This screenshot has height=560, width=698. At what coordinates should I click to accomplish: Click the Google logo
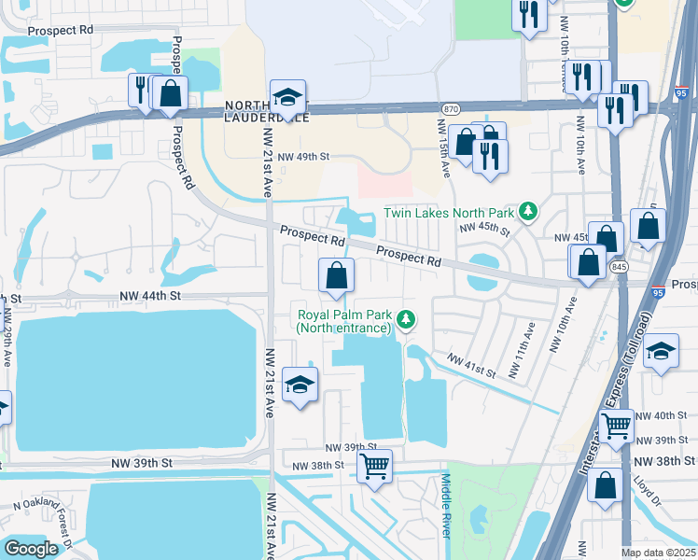[x=31, y=548]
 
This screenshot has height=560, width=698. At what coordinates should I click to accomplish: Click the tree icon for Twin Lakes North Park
[x=528, y=212]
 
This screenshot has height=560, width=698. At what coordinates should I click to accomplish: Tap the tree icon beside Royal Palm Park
[x=406, y=320]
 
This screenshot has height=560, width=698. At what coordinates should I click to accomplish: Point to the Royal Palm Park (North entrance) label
[x=342, y=320]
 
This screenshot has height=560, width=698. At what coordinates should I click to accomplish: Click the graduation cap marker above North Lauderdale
[x=288, y=98]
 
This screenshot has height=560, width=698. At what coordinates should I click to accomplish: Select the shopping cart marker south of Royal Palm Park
[x=374, y=465]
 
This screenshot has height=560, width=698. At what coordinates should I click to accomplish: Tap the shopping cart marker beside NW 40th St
[x=616, y=426]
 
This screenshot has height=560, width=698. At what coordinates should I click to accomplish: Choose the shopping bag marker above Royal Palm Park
[x=337, y=274]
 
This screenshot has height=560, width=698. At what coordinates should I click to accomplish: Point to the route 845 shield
[x=618, y=267]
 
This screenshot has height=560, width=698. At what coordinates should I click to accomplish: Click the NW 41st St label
[x=470, y=364]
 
